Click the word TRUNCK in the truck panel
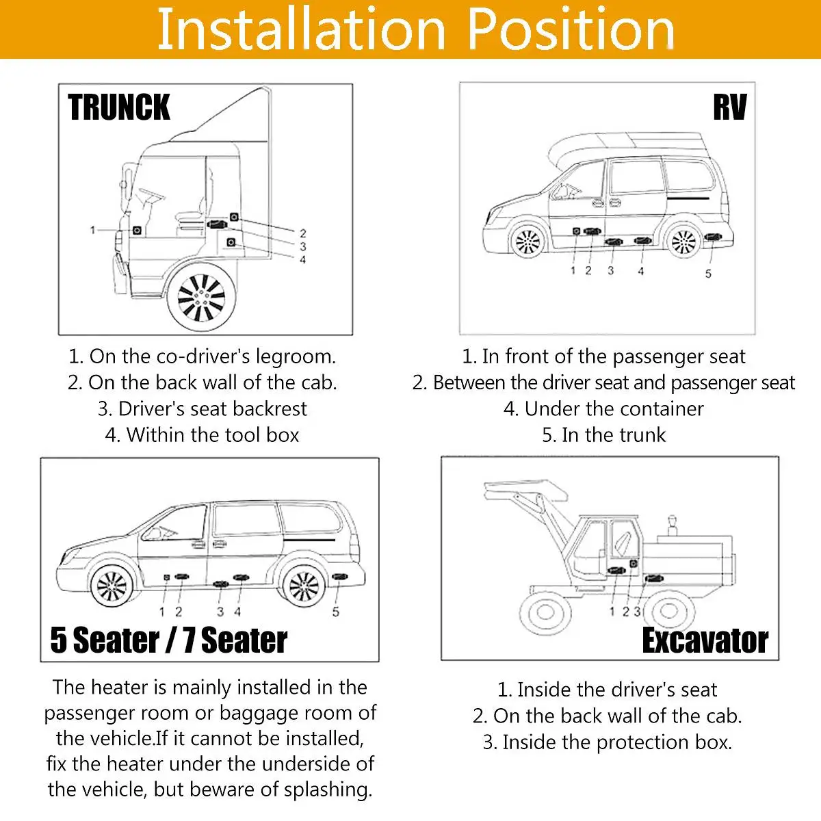tap(119, 107)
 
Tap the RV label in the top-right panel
tap(729, 107)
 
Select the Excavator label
tap(705, 640)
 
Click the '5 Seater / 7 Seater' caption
tap(169, 640)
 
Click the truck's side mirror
tap(124, 183)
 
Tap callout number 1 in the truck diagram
tap(93, 230)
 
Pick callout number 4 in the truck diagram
tap(302, 259)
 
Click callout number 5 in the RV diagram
tap(708, 274)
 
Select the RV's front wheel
tap(527, 242)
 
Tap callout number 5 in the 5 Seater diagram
tap(336, 612)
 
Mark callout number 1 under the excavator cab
tap(612, 611)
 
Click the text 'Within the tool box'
tap(203, 435)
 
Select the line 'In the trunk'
tap(603, 435)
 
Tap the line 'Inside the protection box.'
tap(608, 742)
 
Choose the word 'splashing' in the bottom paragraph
tap(328, 790)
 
